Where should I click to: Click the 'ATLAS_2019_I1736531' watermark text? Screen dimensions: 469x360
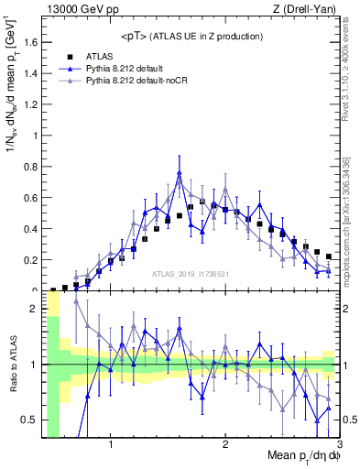190,275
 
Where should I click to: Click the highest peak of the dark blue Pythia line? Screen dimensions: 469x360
180,172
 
